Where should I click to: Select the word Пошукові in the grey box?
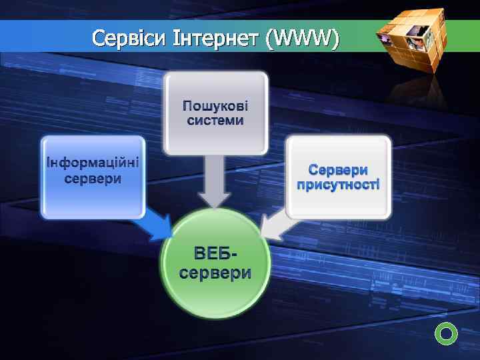215,106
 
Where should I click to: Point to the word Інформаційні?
93,163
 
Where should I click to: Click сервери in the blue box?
93,179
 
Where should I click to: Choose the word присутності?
338,184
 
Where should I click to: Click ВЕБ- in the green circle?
215,254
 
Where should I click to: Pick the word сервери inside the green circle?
215,273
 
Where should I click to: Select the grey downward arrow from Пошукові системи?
215,183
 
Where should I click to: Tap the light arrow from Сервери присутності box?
273,226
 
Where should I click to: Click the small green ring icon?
446,332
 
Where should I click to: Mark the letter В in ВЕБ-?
199,254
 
